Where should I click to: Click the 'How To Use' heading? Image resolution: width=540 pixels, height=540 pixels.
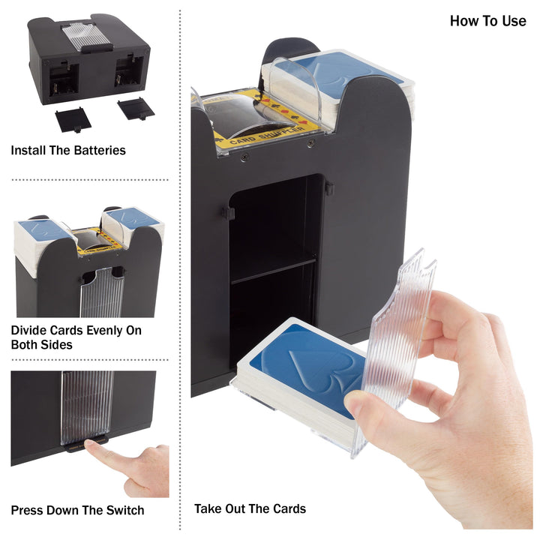click(x=487, y=21)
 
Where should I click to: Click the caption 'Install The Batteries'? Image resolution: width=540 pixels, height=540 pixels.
click(x=68, y=151)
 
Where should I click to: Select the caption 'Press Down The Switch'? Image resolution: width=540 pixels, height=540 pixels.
click(x=77, y=511)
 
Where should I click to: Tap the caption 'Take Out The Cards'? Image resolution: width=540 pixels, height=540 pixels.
click(x=250, y=508)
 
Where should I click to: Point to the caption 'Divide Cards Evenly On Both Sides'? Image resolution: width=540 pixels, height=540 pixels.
click(x=76, y=337)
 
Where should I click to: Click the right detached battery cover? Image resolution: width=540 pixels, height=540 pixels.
click(x=136, y=109)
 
